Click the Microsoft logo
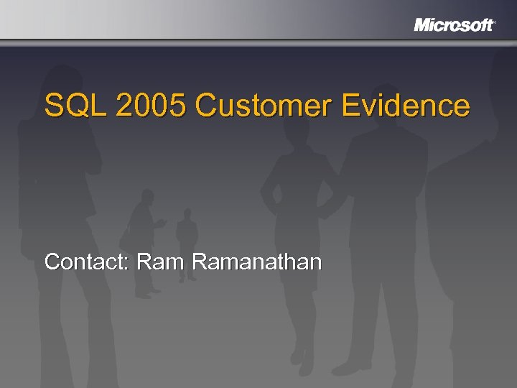[x=454, y=25]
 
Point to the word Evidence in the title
[x=406, y=106]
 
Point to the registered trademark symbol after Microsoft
[x=495, y=22]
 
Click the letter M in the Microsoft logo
[x=423, y=25]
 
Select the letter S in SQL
[x=53, y=106]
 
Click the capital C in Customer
[x=205, y=106]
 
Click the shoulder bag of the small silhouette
[x=127, y=241]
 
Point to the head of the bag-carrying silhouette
[x=147, y=195]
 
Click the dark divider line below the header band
[x=258, y=40]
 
